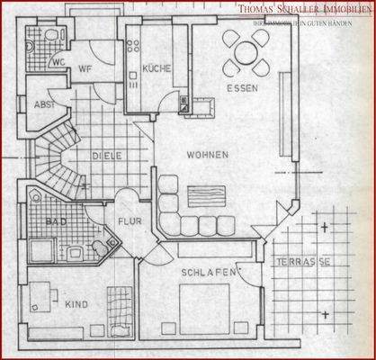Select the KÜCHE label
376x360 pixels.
pos(156,68)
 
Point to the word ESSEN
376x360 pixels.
pos(243,89)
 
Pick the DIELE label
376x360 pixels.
pos(107,156)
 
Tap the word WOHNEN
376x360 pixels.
pos(207,154)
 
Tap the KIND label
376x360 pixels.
pos(76,304)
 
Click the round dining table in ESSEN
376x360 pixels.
pos(245,52)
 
